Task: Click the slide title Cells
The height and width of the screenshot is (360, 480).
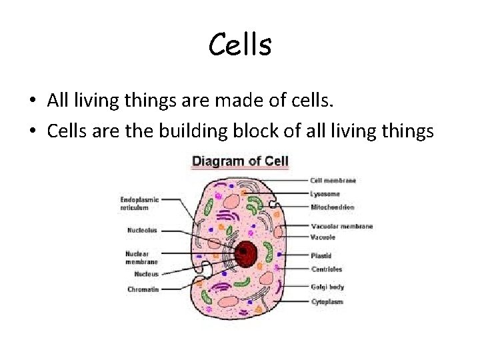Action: click(x=240, y=45)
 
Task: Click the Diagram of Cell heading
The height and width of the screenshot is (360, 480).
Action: click(x=240, y=161)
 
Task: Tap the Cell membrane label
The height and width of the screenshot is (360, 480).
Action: click(x=333, y=181)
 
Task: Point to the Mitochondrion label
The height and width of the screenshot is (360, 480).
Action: click(x=333, y=207)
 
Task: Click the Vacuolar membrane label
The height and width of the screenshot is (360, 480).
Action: click(x=341, y=226)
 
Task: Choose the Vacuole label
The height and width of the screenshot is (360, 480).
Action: click(x=323, y=237)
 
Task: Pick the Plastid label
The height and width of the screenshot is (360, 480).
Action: click(x=321, y=255)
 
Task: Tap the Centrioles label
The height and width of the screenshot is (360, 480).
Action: click(x=327, y=269)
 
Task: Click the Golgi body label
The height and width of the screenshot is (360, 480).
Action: click(x=327, y=287)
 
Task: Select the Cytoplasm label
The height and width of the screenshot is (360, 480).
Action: click(x=327, y=302)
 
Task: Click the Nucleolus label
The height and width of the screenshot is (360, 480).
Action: click(x=142, y=231)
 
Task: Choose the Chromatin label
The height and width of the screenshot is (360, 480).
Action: click(x=143, y=289)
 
